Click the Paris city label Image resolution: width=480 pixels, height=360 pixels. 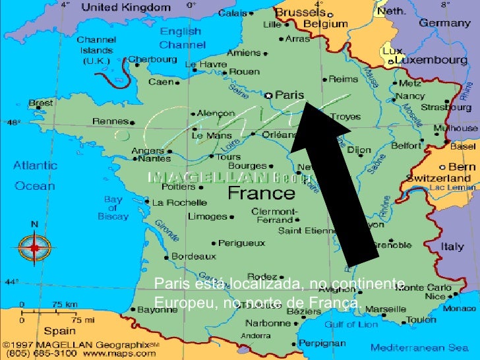[289, 95]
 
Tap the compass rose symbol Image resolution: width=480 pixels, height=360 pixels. [34, 249]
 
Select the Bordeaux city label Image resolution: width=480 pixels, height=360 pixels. [193, 256]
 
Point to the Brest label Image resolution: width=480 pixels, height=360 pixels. [41, 104]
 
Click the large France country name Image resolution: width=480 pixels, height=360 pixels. [261, 193]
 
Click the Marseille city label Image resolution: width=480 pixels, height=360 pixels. [386, 309]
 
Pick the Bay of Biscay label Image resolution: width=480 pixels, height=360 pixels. [113, 208]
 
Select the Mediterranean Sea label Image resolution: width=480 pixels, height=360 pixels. [419, 347]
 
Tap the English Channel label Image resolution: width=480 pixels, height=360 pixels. [182, 38]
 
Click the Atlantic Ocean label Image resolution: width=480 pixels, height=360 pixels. [35, 176]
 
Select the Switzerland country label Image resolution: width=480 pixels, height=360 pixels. [438, 178]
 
